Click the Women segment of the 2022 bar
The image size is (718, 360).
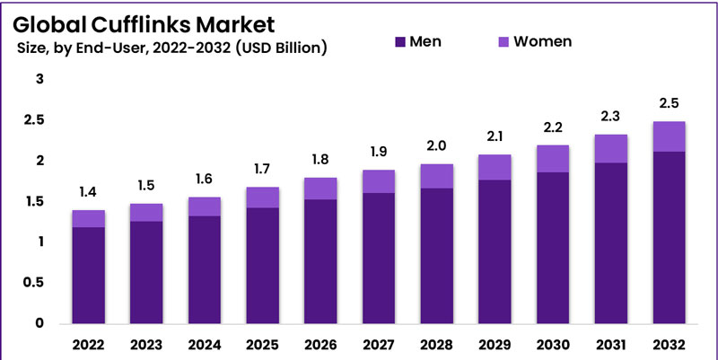pyautogui.click(x=89, y=218)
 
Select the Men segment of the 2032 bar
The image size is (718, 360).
pyautogui.click(x=670, y=237)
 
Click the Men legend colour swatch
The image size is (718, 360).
pyautogui.click(x=399, y=42)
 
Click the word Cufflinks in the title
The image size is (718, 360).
pyautogui.click(x=143, y=22)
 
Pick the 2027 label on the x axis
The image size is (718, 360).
pyautogui.click(x=379, y=343)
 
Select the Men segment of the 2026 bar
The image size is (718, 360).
pyautogui.click(x=321, y=260)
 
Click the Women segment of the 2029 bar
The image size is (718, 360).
pyautogui.click(x=495, y=167)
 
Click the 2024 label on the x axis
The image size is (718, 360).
pyautogui.click(x=205, y=343)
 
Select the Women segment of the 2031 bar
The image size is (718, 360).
pyautogui.click(x=611, y=148)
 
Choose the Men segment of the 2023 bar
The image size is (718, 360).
pyautogui.click(x=147, y=271)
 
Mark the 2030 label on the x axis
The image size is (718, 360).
pyautogui.click(x=553, y=343)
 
